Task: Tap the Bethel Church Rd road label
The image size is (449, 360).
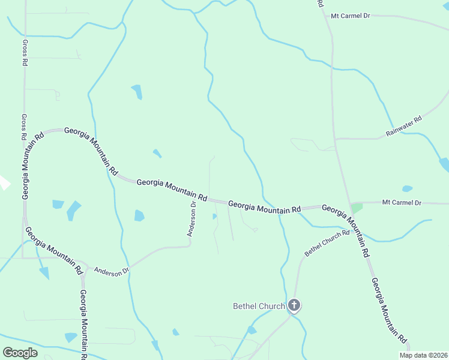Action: click(x=327, y=243)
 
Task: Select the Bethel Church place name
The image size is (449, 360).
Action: click(x=259, y=307)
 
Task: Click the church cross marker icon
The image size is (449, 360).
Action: click(x=294, y=305)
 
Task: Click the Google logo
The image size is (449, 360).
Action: click(x=20, y=352)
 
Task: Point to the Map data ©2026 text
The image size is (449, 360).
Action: click(x=424, y=355)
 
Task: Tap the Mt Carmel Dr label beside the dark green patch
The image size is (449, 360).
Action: click(x=402, y=203)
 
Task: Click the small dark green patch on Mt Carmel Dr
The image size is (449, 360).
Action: click(x=357, y=208)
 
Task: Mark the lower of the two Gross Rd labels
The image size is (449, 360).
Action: click(x=24, y=127)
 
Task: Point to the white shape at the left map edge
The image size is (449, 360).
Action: click(x=4, y=182)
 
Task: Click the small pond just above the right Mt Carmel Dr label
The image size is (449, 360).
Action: click(x=407, y=188)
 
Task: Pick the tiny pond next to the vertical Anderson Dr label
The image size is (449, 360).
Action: click(x=214, y=217)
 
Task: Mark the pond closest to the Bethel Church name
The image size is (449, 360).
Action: click(x=252, y=329)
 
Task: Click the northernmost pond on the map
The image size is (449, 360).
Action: click(x=137, y=92)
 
